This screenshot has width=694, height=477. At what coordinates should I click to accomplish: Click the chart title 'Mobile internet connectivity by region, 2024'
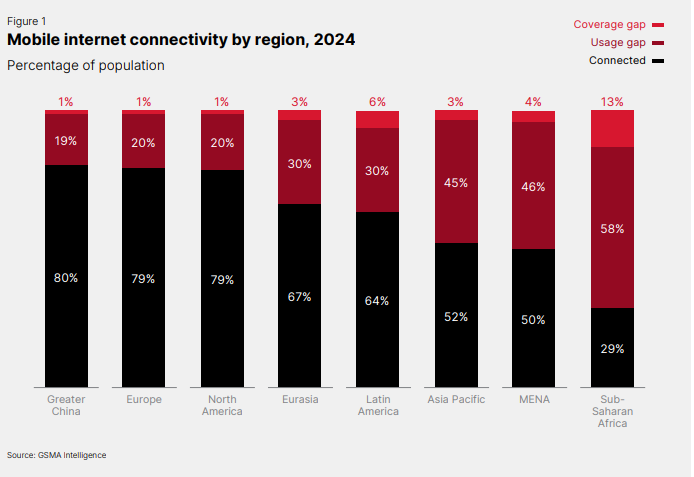[181, 40]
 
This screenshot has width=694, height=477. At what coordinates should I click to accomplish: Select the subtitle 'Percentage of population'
[85, 65]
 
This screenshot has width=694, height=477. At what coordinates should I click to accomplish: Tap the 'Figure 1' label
[26, 21]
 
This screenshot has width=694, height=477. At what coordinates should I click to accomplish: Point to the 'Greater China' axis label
[66, 405]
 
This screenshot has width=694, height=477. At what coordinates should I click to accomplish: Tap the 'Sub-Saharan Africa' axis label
[612, 411]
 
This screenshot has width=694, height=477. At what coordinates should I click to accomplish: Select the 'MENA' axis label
[534, 399]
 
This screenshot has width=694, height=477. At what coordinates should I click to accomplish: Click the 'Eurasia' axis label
[299, 399]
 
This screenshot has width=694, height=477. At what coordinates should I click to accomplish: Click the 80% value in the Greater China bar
[66, 277]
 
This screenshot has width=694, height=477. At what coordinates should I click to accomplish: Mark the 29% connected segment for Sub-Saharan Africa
[612, 349]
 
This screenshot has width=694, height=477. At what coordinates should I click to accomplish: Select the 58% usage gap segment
[612, 229]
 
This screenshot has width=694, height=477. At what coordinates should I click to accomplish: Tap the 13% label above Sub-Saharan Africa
[612, 102]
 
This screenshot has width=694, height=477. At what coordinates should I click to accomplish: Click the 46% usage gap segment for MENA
[534, 187]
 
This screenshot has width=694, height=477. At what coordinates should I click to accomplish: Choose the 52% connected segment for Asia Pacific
[456, 316]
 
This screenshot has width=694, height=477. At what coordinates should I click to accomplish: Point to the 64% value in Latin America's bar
[377, 300]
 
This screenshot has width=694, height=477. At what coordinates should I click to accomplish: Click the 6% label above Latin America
[377, 102]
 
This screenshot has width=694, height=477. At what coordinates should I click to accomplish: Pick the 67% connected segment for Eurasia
[299, 297]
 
